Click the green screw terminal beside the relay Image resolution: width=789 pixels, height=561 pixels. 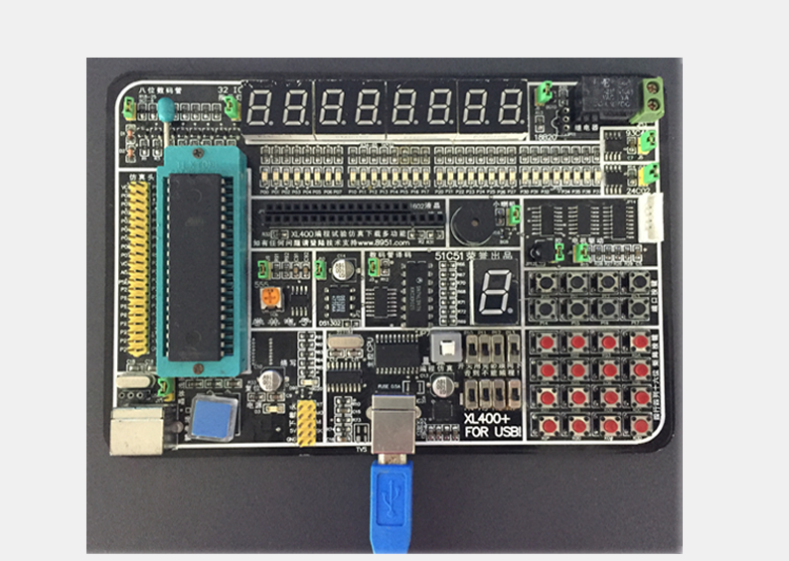[x=653, y=93]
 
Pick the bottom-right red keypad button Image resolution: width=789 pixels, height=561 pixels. [x=641, y=425]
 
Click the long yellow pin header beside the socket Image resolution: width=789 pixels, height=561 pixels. [x=138, y=268]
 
